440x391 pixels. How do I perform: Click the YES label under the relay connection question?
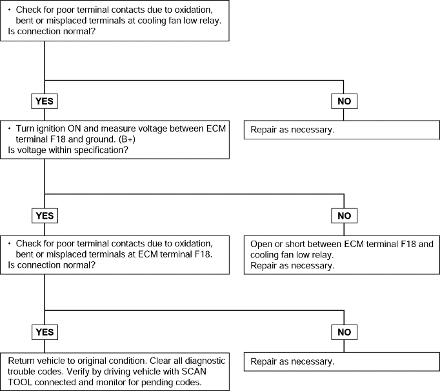pyautogui.click(x=45, y=101)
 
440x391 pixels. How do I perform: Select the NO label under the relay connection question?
pyautogui.click(x=345, y=101)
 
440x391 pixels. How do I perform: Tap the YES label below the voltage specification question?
pyautogui.click(x=45, y=216)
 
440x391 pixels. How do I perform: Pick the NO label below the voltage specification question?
pyautogui.click(x=345, y=216)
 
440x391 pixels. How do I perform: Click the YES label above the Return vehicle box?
pyautogui.click(x=45, y=332)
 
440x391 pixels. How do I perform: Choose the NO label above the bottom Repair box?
pyautogui.click(x=345, y=332)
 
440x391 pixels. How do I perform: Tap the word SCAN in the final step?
pyautogui.click(x=194, y=372)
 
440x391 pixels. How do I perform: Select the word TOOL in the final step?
pyautogui.click(x=19, y=383)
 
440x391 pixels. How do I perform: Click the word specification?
pyautogui.click(x=101, y=150)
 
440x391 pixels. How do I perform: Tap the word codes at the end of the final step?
pyautogui.click(x=188, y=383)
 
